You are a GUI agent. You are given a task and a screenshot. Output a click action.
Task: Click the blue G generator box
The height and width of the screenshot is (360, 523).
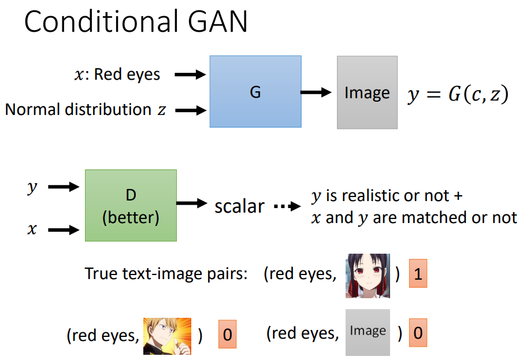pyautogui.click(x=255, y=91)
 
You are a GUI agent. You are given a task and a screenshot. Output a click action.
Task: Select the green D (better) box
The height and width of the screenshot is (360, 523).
pyautogui.click(x=131, y=205)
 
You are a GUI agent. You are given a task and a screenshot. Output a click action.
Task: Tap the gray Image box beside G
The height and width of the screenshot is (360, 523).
pyautogui.click(x=367, y=92)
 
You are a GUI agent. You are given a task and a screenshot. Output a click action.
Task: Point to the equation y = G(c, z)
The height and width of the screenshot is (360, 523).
pyautogui.click(x=458, y=94)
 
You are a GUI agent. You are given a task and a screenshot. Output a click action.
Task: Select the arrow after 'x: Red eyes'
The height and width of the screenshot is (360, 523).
pyautogui.click(x=190, y=74)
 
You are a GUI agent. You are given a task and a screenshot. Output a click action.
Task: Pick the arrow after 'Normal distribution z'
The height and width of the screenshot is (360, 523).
pyautogui.click(x=190, y=109)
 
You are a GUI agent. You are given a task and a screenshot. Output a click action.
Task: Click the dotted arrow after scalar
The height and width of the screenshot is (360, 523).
pyautogui.click(x=287, y=206)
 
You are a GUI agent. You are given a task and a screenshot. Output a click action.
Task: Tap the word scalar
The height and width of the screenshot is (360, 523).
pyautogui.click(x=239, y=206)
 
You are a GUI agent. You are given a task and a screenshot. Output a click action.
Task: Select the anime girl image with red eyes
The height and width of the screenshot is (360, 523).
pyautogui.click(x=368, y=276)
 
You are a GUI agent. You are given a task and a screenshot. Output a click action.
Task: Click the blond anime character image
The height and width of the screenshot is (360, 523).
pyautogui.click(x=166, y=336)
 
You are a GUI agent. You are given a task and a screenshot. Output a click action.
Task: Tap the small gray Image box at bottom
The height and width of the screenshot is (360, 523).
pyautogui.click(x=368, y=332)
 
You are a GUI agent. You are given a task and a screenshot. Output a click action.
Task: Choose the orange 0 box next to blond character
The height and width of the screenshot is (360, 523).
pyautogui.click(x=227, y=335)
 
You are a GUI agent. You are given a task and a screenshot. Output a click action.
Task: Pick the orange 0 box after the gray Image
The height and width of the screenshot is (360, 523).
pyautogui.click(x=418, y=333)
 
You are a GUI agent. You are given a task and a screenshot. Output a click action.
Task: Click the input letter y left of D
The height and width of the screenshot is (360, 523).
pyautogui.click(x=32, y=187)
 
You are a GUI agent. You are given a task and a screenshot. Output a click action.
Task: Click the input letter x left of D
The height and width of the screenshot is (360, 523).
pyautogui.click(x=32, y=230)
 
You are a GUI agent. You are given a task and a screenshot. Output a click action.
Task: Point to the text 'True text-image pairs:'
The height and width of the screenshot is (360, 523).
pyautogui.click(x=166, y=274)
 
